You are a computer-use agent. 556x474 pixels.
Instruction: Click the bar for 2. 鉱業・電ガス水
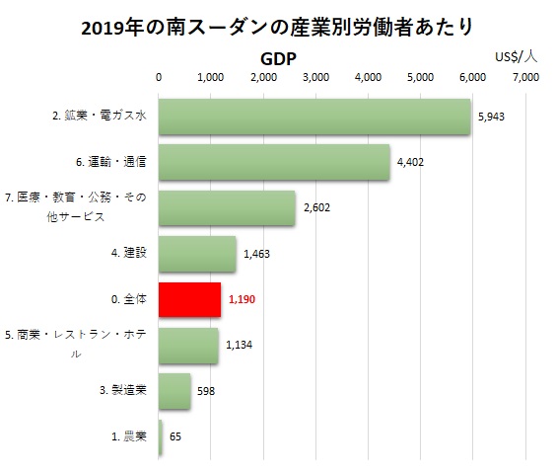pos(314,117)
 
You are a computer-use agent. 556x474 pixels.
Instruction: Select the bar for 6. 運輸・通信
pos(274,162)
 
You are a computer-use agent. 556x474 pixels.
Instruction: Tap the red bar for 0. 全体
pos(189,299)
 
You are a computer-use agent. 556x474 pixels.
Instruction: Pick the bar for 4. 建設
pos(197,254)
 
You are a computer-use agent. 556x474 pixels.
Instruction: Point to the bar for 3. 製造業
pos(174,391)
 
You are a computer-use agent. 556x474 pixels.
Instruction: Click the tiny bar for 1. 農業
pos(161,437)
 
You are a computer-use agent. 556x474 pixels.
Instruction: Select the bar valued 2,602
pos(227,208)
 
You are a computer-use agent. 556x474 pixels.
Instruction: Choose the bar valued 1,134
pos(188,346)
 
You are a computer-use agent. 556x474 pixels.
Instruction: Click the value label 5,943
pos(491,117)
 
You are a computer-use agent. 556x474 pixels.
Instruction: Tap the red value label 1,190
pos(242,299)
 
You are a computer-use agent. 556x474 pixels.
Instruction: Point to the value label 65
pos(175,436)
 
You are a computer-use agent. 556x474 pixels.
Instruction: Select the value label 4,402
pos(410,162)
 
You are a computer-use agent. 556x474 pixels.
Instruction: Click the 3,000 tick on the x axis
pos(315,77)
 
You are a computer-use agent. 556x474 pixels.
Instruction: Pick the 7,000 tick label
pos(525,77)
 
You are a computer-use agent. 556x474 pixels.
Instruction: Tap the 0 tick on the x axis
pos(159,77)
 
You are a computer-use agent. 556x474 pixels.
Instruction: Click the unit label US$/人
pos(516,57)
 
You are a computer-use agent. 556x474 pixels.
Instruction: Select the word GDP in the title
pos(278,59)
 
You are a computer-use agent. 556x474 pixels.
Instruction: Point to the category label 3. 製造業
pos(123,390)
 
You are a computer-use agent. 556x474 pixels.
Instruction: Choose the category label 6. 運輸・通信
pos(111,162)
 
